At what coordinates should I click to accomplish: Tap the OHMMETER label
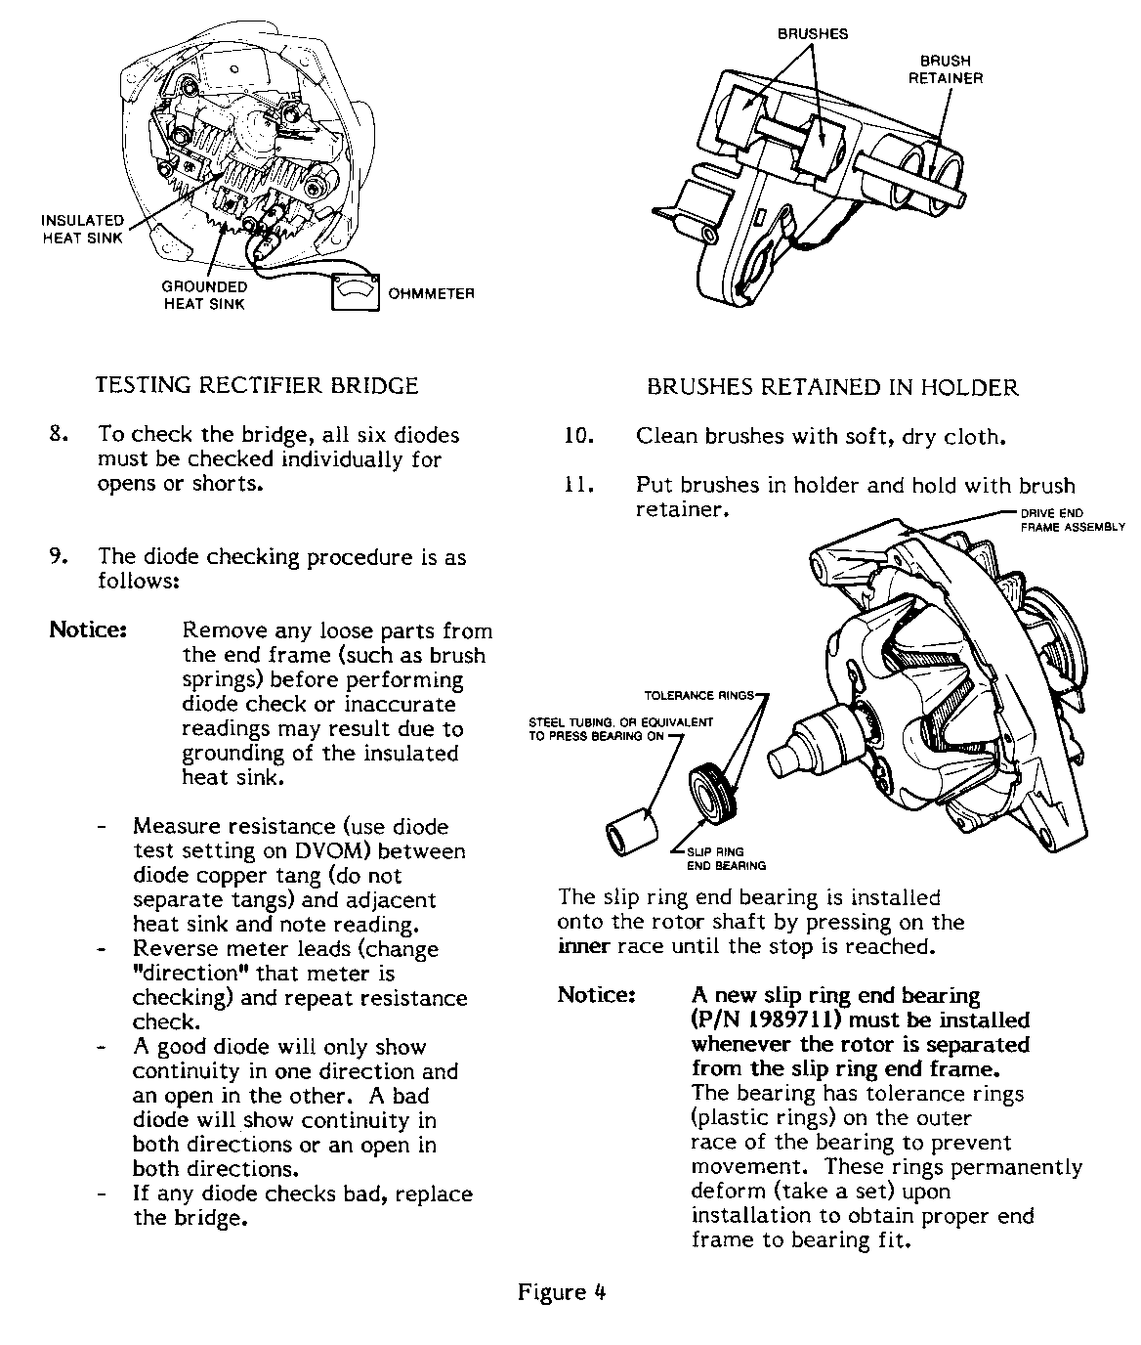(431, 293)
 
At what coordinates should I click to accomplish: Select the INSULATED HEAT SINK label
(83, 230)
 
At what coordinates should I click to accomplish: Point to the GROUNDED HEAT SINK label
(204, 295)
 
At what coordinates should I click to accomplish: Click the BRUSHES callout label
(813, 33)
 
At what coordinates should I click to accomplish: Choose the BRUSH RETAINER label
(945, 69)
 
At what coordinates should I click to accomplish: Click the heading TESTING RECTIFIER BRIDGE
(257, 385)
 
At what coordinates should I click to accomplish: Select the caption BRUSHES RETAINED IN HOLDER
(832, 388)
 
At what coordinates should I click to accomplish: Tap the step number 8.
(58, 434)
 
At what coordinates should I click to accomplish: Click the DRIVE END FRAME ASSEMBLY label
(1073, 520)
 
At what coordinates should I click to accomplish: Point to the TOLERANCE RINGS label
(699, 696)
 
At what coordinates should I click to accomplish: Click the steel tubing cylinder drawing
(625, 826)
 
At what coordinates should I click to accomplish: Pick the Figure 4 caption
(562, 1292)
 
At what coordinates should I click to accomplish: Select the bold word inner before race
(584, 946)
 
